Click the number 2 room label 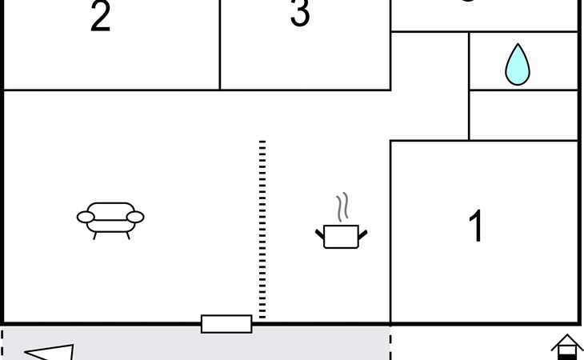(100, 18)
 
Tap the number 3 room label (300, 14)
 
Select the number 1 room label (476, 226)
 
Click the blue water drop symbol (518, 65)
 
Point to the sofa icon (110, 218)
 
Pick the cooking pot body (342, 236)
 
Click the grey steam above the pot (343, 207)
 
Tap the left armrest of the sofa (86, 217)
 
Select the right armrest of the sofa (135, 217)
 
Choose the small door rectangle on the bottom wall (226, 323)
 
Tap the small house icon (566, 347)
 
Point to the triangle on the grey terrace (53, 352)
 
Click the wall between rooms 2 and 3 (220, 44)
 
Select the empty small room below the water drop (523, 115)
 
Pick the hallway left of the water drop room (430, 84)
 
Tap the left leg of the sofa (95, 235)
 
